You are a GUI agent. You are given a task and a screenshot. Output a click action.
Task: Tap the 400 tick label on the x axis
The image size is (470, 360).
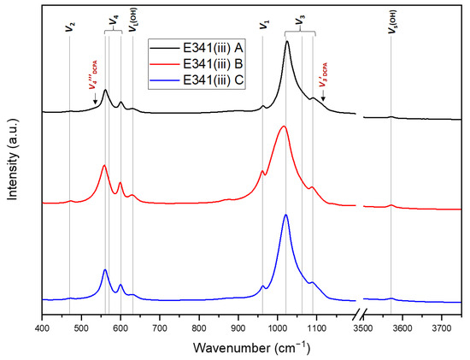pos(42,326)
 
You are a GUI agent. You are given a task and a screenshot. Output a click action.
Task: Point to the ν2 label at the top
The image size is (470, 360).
pos(70,27)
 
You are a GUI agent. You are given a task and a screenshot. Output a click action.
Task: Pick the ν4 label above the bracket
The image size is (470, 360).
pos(115,19)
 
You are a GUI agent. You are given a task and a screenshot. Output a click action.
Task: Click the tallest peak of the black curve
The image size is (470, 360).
pos(287,41)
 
